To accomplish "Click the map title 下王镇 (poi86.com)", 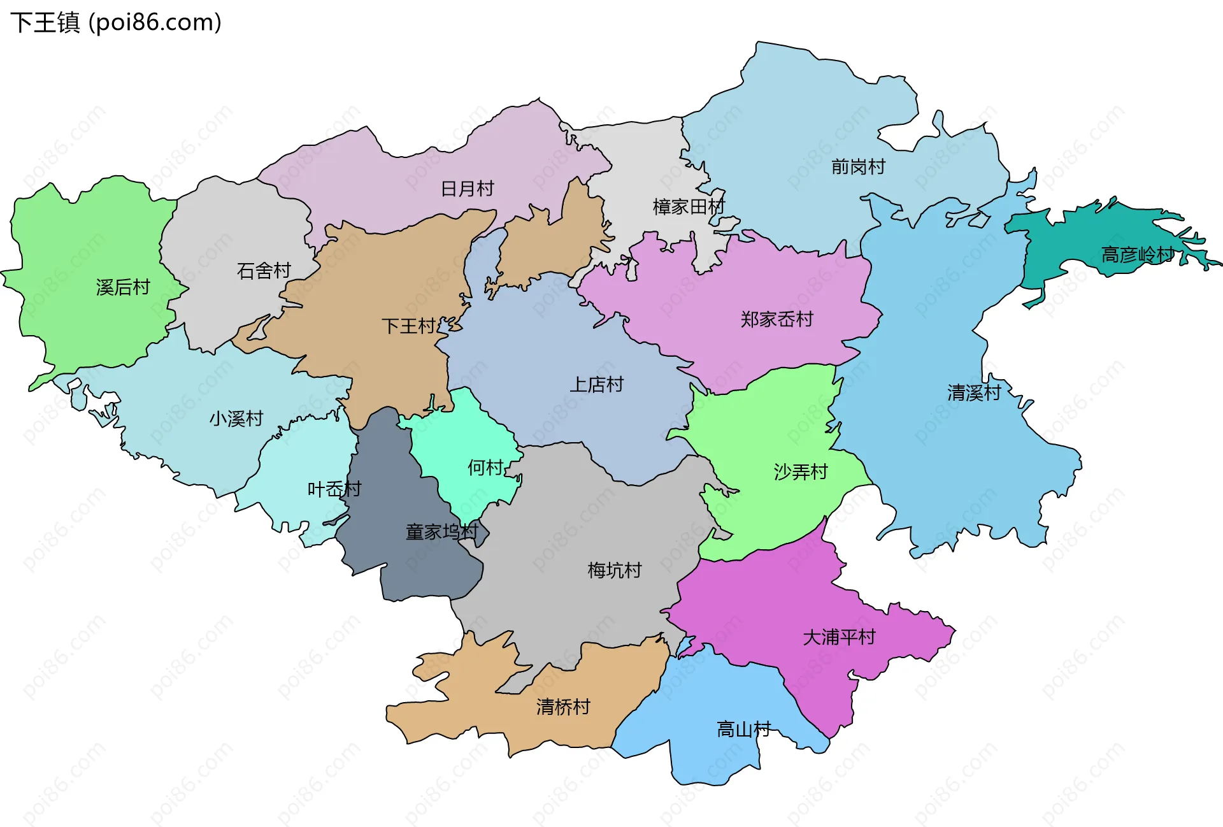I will [116, 23].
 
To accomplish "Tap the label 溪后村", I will [123, 287].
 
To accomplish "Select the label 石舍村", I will [264, 271].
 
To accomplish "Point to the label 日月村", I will [468, 189].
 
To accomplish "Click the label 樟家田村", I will [689, 206].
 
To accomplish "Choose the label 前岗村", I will [858, 167].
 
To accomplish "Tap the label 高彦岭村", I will [1138, 255].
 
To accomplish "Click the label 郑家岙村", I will [776, 319].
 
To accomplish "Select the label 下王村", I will [408, 326].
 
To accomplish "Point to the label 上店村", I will [596, 385].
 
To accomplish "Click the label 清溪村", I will [974, 392].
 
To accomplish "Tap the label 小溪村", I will [236, 419].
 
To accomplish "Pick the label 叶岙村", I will [334, 489].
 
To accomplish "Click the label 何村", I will [485, 468].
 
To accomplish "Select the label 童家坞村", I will [441, 531].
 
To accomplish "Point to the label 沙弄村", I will [800, 472].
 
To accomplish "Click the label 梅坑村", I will [614, 570].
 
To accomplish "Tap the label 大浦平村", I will [839, 637].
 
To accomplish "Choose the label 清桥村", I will [563, 707].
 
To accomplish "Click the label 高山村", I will [743, 729].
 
